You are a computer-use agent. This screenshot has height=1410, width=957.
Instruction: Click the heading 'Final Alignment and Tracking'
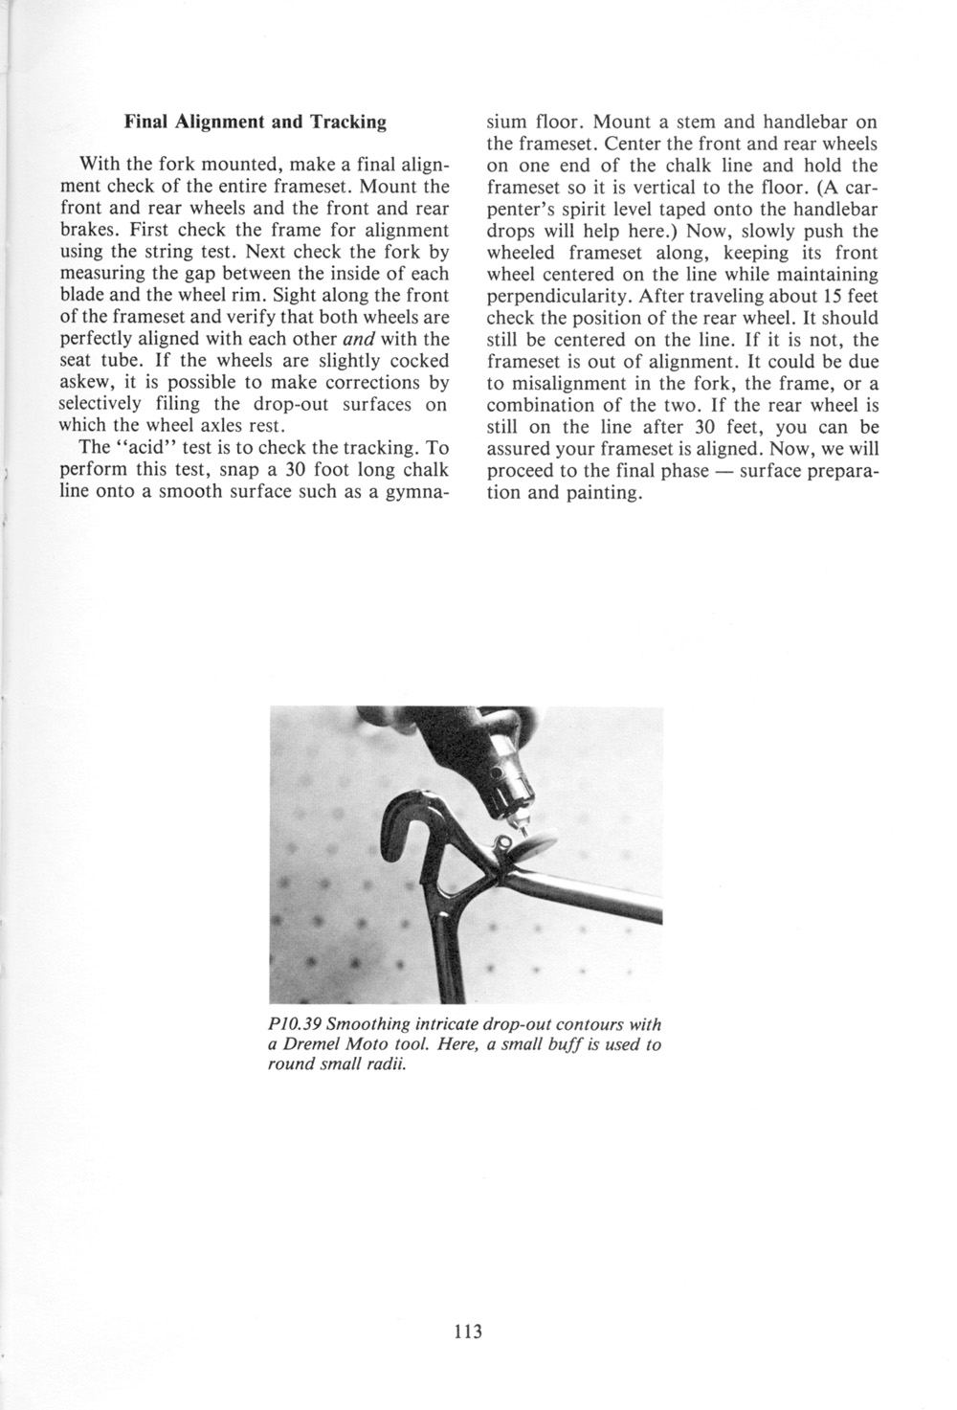tap(256, 123)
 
